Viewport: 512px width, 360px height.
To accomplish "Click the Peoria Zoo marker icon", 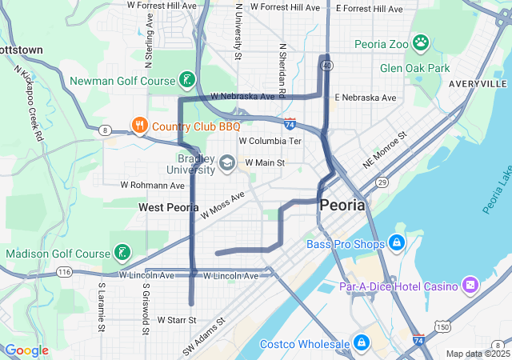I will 422,42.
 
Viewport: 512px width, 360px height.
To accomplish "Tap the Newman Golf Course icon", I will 186,80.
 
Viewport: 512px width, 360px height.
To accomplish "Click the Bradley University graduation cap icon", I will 227,163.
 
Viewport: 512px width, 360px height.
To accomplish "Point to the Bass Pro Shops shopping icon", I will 396,242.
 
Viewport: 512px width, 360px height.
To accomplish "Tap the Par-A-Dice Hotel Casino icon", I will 470,286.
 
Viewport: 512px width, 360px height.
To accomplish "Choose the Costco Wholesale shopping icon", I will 362,344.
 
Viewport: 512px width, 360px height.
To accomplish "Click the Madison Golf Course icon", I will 121,254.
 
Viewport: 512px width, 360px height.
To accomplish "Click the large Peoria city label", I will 342,205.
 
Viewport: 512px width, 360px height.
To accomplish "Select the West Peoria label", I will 168,207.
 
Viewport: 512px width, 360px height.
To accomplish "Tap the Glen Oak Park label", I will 415,68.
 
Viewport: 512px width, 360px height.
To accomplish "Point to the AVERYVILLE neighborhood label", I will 478,83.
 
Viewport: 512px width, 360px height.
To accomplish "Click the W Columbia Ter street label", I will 270,141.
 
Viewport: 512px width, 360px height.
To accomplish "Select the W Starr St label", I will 177,320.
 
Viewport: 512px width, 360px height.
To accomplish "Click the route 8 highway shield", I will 105,130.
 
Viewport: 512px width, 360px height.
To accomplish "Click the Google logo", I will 26,350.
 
